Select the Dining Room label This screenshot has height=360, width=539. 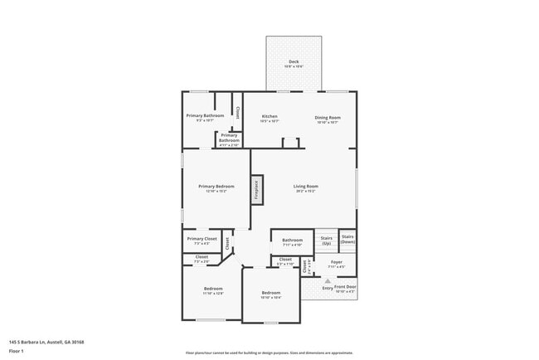coord(328,119)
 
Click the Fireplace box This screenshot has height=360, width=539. coord(256,190)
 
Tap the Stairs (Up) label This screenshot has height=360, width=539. coord(327,240)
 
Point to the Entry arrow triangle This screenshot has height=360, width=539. coord(328,280)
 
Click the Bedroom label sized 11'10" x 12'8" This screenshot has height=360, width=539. coord(212,291)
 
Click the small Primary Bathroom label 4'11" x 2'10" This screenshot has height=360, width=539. coord(230,138)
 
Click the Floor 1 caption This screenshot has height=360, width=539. coord(17,351)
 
